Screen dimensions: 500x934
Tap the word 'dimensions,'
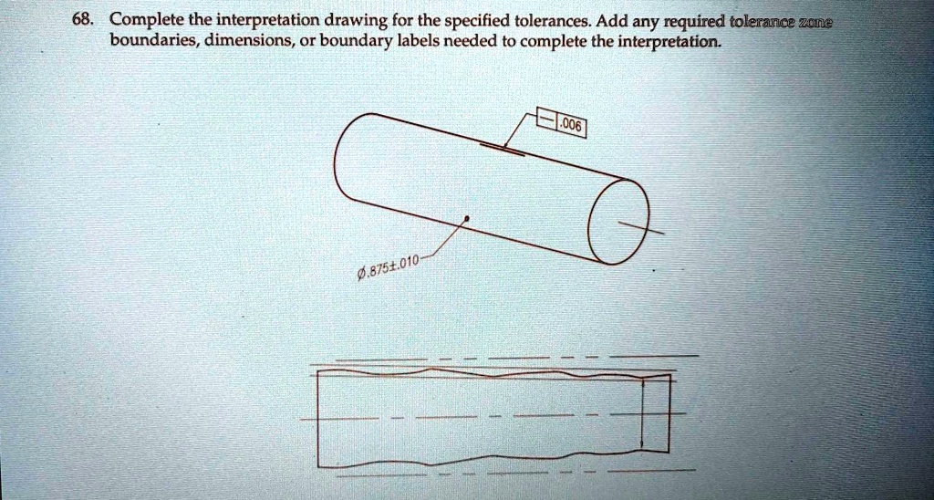(243, 42)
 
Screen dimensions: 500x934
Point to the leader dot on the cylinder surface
(467, 219)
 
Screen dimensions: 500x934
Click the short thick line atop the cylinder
(503, 149)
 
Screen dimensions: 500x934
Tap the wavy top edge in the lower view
(493, 373)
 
